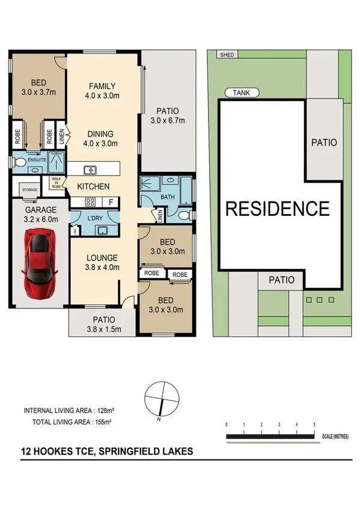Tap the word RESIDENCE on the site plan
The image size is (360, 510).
(x=277, y=209)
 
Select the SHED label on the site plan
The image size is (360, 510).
(x=228, y=55)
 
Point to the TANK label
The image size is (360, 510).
(x=242, y=93)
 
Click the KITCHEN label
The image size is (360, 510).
(x=93, y=186)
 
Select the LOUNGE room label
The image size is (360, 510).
(x=100, y=258)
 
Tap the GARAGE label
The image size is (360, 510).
(x=40, y=210)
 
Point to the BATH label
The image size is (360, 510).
(x=168, y=197)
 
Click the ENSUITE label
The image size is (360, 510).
(x=37, y=160)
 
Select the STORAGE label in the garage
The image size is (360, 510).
(x=30, y=190)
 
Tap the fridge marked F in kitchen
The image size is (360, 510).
(x=111, y=202)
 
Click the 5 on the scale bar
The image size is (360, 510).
(x=314, y=425)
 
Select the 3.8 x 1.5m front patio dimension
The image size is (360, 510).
(x=100, y=329)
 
